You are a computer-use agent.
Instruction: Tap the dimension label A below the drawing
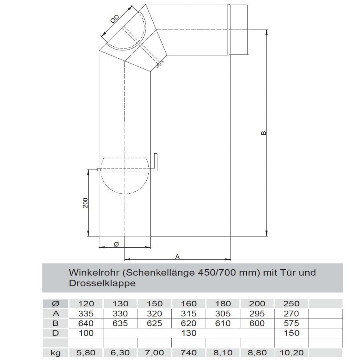(x=177, y=256)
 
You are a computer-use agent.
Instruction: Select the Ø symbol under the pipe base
(x=116, y=244)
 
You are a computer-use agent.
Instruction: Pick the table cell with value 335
(x=86, y=313)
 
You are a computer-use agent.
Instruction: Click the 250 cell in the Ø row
(x=292, y=303)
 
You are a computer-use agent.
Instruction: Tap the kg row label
(x=55, y=352)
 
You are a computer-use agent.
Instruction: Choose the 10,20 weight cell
(x=292, y=352)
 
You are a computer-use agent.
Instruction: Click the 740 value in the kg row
(x=189, y=352)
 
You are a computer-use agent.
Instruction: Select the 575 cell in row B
(x=292, y=323)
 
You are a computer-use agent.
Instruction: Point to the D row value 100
(x=86, y=333)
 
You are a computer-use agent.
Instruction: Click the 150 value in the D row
(x=292, y=333)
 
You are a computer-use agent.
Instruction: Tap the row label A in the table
(x=55, y=313)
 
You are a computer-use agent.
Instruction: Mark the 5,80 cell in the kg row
(x=86, y=352)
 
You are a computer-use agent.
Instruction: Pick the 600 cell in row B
(x=257, y=323)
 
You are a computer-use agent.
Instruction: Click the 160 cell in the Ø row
(x=189, y=303)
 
